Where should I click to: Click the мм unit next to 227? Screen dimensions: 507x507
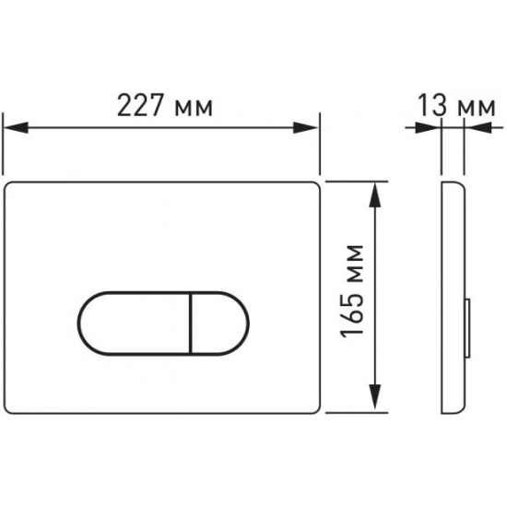194,109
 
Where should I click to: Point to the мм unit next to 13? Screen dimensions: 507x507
477,108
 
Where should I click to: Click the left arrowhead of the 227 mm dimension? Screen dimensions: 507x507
15,127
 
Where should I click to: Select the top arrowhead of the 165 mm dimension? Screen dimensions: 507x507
374,195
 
